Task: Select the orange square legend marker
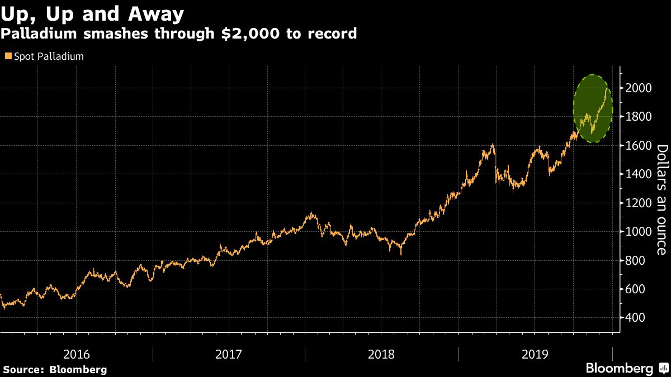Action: pos(8,56)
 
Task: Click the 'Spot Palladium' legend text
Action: pos(49,56)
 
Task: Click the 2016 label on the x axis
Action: pos(76,354)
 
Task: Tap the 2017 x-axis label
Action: pos(228,354)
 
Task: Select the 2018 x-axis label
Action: pos(381,354)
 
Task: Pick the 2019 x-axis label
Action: pos(535,354)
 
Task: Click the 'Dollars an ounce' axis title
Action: pos(661,199)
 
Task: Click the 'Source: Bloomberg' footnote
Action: pos(54,369)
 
